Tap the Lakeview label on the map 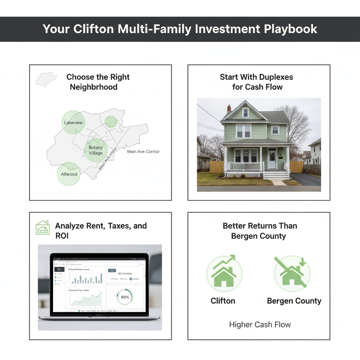tap(73, 123)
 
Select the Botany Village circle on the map tap(96, 150)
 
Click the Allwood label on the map tap(69, 174)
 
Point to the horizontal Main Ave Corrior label tap(143, 152)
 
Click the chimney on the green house tap(229, 108)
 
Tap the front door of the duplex tap(272, 159)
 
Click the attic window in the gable tap(245, 112)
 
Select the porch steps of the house tap(276, 175)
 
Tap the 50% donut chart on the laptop tap(125, 297)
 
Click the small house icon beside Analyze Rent tap(43, 228)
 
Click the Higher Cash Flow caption tap(260, 324)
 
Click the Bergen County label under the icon tap(294, 301)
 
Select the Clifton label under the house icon tap(223, 301)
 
